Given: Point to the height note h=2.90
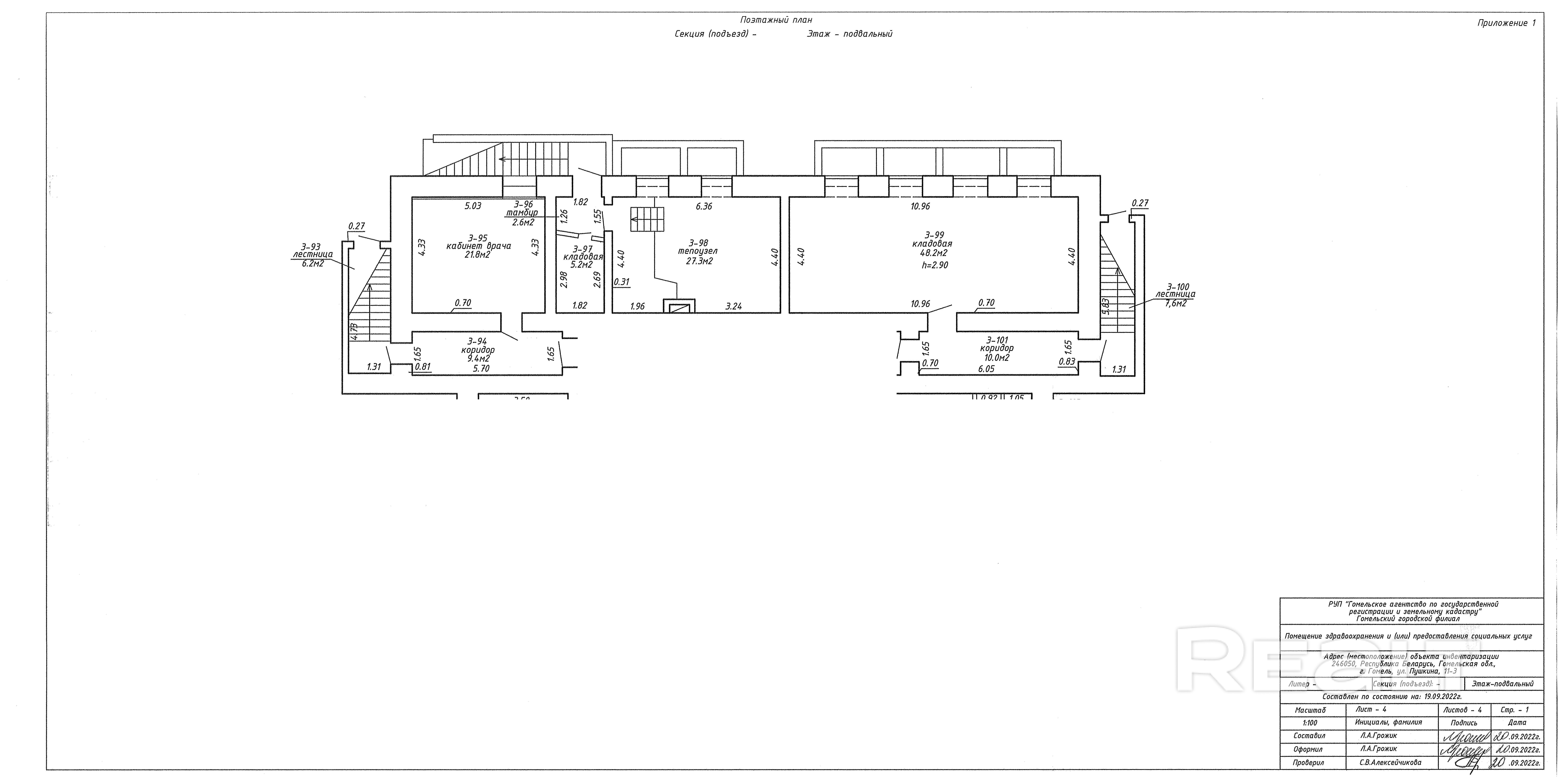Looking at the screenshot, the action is click(x=934, y=265).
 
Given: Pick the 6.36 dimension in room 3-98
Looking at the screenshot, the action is click(x=704, y=206).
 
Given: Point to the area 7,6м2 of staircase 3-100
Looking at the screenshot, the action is click(x=1175, y=304).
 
